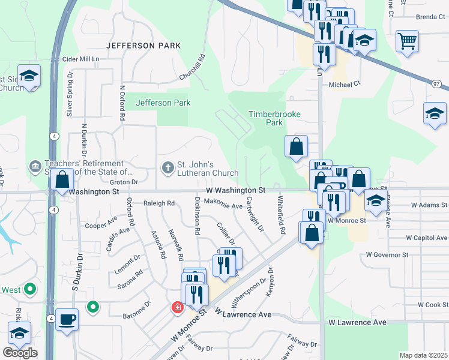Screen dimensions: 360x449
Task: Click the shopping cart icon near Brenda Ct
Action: pos(407,41)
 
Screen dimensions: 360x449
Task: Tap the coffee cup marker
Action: pos(67,318)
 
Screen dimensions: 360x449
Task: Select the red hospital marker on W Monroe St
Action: pos(178,308)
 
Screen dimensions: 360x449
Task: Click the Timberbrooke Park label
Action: pos(274,118)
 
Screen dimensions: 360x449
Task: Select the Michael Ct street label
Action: pos(344,85)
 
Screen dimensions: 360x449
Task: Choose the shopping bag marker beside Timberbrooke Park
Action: pos(297,146)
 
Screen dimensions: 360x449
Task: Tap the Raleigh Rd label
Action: pos(158,203)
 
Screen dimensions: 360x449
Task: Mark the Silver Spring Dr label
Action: pos(70,94)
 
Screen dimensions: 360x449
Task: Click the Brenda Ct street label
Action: pos(427,17)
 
